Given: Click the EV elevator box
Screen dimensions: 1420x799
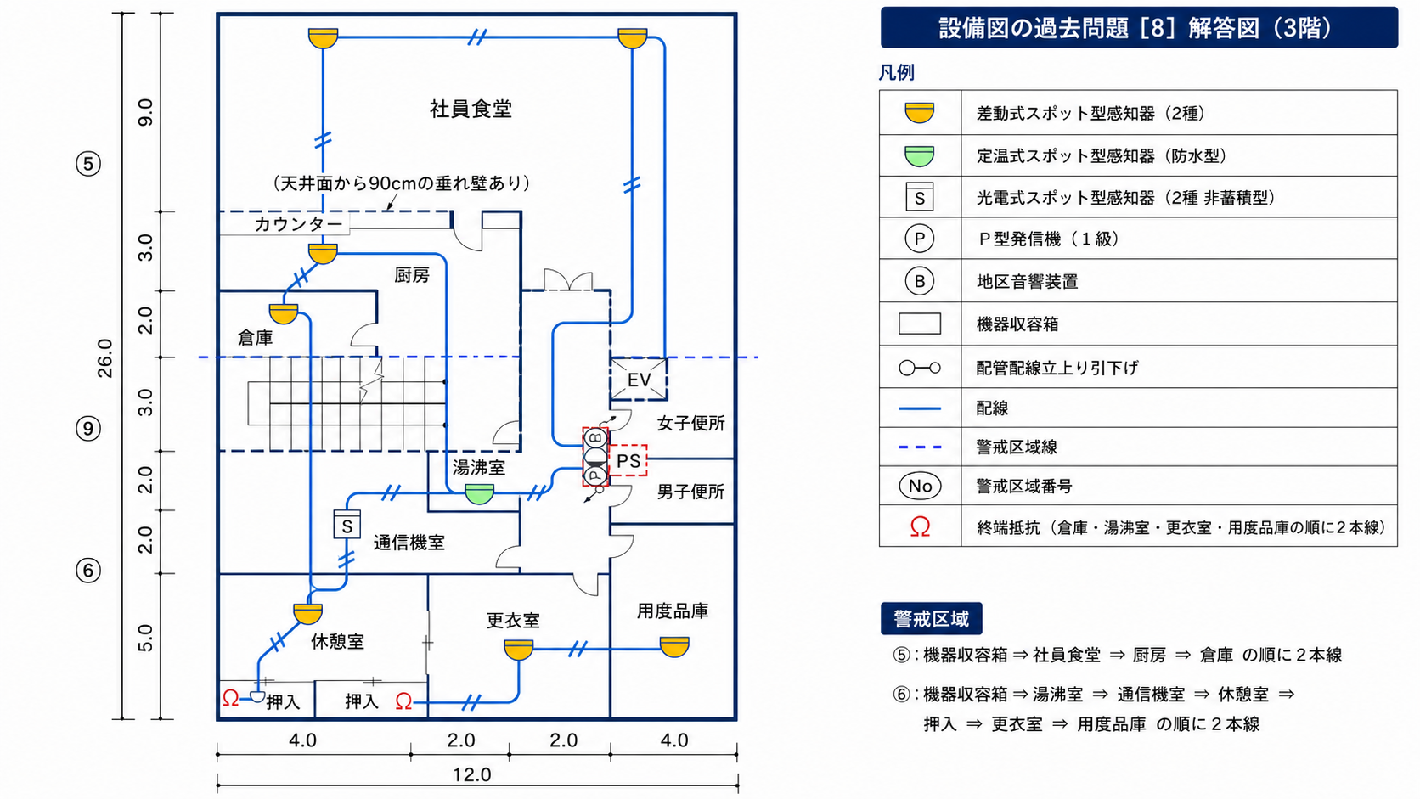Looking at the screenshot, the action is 639,379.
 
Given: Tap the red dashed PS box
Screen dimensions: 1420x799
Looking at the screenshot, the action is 628,460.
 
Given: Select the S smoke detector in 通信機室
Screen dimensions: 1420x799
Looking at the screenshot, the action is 347,525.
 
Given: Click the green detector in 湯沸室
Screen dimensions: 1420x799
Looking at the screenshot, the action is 479,493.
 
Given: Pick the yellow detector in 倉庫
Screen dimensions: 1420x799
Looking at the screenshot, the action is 284,313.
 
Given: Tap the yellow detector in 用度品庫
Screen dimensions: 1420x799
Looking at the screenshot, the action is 673,647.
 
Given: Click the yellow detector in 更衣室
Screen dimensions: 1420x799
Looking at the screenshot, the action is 519,650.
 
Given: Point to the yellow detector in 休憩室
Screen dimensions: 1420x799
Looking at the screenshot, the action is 308,613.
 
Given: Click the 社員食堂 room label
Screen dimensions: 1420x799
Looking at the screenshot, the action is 471,109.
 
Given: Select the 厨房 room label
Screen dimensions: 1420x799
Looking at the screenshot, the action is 412,275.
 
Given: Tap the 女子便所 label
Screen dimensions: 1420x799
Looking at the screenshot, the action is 691,423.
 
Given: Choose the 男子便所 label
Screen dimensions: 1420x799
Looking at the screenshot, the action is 691,492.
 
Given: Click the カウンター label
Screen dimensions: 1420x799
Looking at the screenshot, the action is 298,223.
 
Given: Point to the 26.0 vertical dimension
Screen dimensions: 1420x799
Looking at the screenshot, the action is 104,358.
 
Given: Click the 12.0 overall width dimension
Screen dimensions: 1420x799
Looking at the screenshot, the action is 471,774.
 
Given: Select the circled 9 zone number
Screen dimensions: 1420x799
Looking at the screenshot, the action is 88,429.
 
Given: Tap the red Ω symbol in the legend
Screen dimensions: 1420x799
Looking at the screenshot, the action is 920,526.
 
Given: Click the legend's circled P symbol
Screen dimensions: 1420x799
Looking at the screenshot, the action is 919,239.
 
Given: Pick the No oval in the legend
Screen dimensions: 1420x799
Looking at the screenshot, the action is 920,486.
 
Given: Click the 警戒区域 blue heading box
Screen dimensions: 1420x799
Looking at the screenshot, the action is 932,618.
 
